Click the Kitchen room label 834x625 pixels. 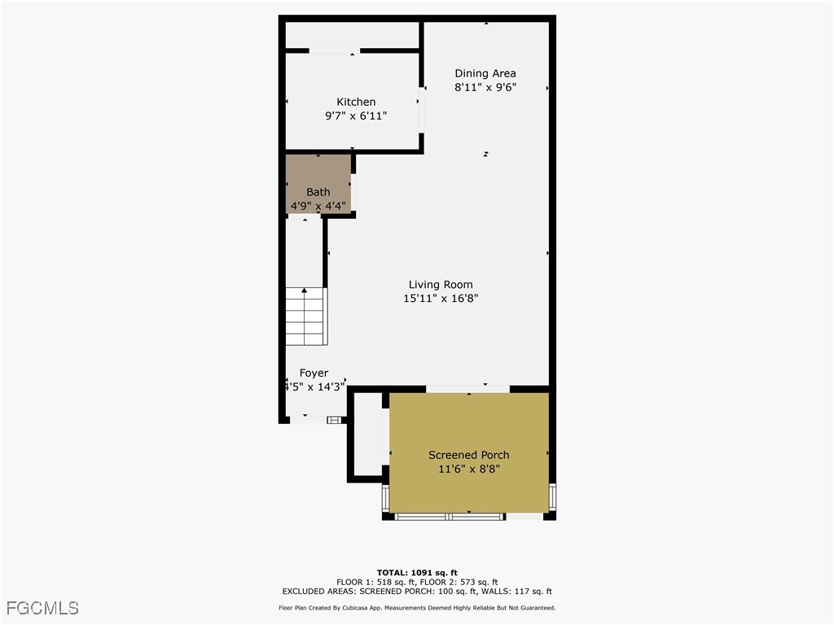[x=356, y=102]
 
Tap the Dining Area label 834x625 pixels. [x=485, y=73]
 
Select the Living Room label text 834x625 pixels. [x=441, y=285]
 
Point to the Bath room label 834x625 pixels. [x=318, y=192]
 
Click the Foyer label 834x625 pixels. [x=314, y=374]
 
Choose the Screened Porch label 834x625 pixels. [x=469, y=455]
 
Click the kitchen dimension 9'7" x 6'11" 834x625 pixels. [x=356, y=116]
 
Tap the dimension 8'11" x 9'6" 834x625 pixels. [x=485, y=87]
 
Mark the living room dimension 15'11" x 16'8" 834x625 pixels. [x=441, y=299]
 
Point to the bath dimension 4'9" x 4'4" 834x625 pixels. [x=318, y=205]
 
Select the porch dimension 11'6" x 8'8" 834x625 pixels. [x=469, y=469]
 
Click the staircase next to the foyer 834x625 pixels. [x=305, y=317]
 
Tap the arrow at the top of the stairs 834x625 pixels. [x=305, y=290]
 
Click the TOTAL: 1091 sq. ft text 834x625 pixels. [x=417, y=572]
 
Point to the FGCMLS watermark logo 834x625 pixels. [x=42, y=608]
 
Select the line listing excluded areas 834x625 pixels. [x=417, y=592]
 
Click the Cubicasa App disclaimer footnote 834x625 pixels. [x=417, y=608]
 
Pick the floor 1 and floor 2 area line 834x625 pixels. [x=417, y=582]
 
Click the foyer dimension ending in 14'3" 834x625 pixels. [x=315, y=387]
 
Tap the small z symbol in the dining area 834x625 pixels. [x=485, y=154]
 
